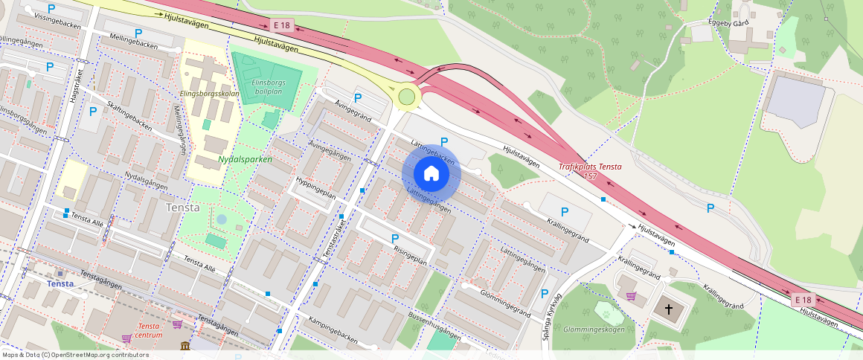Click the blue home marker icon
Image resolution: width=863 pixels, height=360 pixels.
(431, 173)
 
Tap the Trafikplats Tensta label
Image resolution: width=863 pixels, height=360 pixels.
(590, 167)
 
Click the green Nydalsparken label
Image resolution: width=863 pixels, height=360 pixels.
(245, 159)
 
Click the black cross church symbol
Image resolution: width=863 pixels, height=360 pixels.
(668, 308)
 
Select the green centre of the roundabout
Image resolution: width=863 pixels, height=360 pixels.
(406, 96)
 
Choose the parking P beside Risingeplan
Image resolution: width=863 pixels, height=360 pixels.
(395, 238)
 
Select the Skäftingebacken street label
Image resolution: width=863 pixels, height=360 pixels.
(129, 116)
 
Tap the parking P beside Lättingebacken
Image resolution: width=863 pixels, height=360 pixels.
(444, 141)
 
